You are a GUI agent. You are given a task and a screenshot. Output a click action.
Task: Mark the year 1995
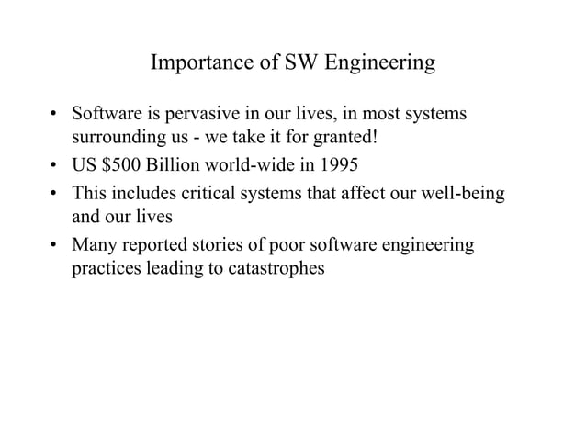338,167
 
